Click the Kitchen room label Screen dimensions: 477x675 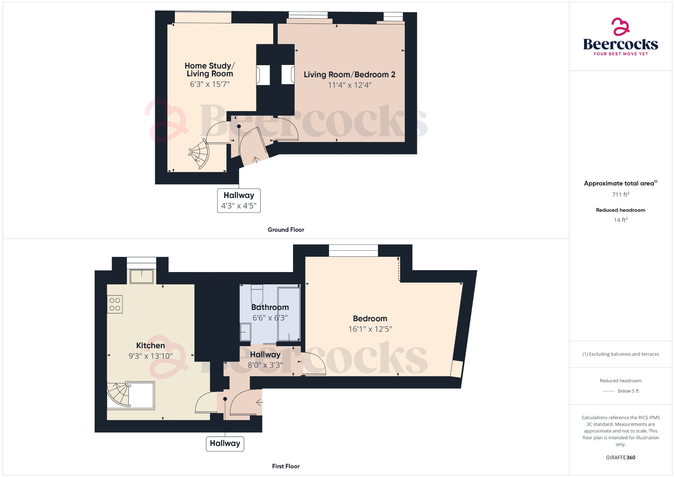coord(150,346)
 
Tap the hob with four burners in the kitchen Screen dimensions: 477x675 coord(115,304)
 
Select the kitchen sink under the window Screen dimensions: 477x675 coord(142,276)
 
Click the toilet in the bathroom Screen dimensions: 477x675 coord(257,295)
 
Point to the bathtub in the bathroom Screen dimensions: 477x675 coord(289,314)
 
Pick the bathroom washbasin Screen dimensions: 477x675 coord(245,332)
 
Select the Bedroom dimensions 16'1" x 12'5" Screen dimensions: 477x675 coord(370,329)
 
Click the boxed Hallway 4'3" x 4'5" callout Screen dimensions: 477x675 coord(239,200)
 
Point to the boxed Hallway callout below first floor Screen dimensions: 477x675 coord(225,443)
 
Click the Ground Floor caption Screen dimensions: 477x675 coord(286,230)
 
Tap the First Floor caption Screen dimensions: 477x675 coord(286,466)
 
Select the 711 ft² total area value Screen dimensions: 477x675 coord(620,195)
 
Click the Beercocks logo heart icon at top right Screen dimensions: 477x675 coord(620,27)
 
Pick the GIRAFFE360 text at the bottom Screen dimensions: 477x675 coord(620,458)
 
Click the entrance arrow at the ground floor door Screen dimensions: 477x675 coord(256,159)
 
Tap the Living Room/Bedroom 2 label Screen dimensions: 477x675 coord(349,75)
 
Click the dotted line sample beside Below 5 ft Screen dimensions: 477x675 coord(608,391)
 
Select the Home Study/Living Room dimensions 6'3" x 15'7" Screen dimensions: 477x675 coord(210,84)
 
